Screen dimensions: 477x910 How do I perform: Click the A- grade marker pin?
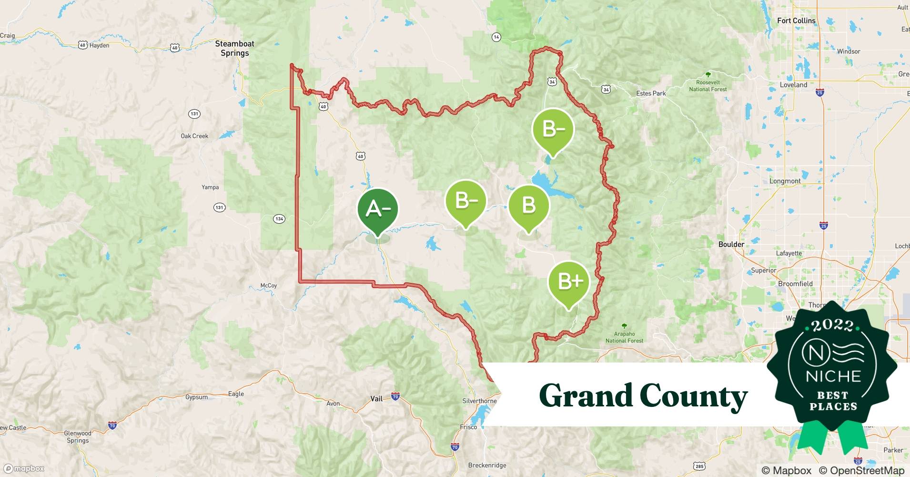click(x=378, y=209)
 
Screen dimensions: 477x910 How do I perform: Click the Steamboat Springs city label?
click(x=234, y=48)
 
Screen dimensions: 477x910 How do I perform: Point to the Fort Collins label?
click(x=796, y=21)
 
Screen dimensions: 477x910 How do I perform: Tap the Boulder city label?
click(x=731, y=244)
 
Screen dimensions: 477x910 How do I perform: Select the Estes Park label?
click(x=651, y=93)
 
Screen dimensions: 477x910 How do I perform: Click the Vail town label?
click(x=376, y=398)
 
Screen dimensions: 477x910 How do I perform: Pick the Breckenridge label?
click(x=487, y=465)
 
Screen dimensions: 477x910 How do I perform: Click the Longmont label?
click(x=785, y=181)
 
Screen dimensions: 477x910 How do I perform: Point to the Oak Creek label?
click(x=194, y=136)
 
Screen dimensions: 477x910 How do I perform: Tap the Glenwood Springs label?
click(x=78, y=437)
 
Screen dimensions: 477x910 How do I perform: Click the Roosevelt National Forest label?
click(x=708, y=86)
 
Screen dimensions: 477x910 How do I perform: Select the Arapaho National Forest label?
click(x=624, y=337)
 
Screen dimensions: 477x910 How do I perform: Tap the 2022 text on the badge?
click(x=833, y=325)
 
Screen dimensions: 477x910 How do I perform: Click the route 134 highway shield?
click(x=279, y=219)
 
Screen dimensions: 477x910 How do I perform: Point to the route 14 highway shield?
click(x=496, y=37)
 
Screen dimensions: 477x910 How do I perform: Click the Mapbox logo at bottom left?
click(x=24, y=468)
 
